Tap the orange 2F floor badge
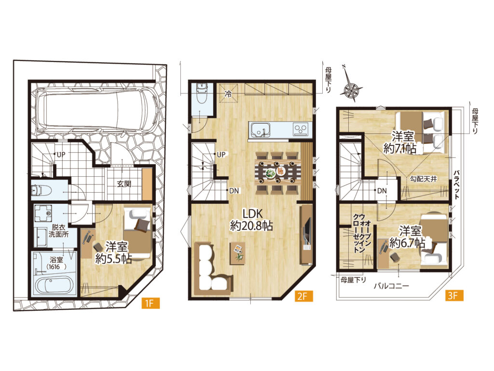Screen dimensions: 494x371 click(304, 296)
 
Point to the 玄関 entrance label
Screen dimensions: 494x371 click(124, 184)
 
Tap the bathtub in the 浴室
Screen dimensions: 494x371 click(55, 285)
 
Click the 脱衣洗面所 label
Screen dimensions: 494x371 click(58, 230)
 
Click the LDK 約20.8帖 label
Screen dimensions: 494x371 click(251, 220)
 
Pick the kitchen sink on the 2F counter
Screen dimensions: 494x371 click(260, 130)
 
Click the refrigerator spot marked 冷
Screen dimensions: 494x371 click(229, 93)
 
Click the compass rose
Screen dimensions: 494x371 click(350, 88)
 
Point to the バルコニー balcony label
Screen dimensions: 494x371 click(392, 286)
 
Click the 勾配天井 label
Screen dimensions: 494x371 click(424, 179)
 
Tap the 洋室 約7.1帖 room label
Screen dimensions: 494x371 click(400, 143)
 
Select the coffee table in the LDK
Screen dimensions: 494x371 click(237, 253)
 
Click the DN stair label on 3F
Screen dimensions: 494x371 click(382, 190)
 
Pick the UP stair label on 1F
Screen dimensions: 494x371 click(61, 155)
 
